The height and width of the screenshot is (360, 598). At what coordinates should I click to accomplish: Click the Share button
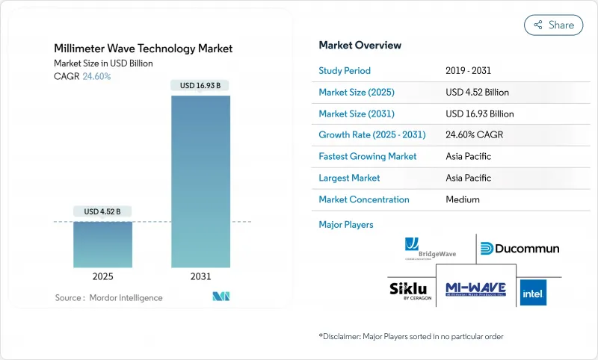553,25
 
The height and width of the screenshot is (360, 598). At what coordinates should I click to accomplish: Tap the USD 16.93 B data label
200,85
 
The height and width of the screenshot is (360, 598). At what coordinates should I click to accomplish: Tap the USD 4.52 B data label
102,211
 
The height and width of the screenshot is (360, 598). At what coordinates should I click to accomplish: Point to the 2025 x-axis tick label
102,276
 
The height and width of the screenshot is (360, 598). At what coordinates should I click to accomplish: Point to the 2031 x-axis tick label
200,276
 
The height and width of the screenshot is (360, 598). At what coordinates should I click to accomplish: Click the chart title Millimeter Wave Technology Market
143,49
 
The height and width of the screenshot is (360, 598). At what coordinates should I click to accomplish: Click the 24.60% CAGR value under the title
96,76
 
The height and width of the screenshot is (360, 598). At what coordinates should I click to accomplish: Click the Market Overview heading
360,46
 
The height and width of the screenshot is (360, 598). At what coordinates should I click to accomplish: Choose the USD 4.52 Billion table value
477,93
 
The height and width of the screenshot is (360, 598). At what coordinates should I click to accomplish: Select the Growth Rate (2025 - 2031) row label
372,135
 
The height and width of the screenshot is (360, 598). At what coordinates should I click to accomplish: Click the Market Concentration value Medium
462,199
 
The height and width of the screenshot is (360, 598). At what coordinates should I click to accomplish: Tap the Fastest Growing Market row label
368,157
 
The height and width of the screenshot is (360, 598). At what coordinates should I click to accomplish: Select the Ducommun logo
519,249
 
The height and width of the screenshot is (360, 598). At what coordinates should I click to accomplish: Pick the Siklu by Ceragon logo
410,290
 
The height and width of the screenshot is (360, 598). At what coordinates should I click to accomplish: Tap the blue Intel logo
533,291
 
